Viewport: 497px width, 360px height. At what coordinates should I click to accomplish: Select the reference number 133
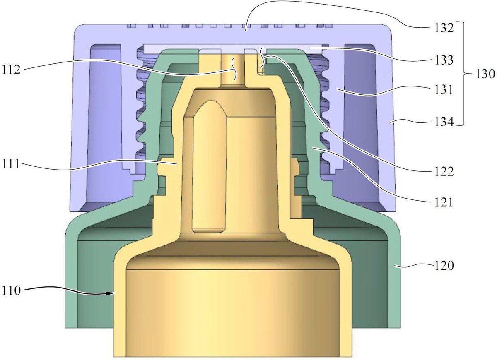pos(444,60)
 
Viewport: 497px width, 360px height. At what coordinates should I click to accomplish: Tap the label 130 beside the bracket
pos(485,74)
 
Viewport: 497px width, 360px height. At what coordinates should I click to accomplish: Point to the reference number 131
pos(443,89)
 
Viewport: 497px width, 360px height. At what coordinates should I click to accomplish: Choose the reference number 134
pos(444,121)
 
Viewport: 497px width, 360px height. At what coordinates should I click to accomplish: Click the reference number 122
pos(444,171)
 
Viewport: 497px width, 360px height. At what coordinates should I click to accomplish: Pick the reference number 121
pos(443,202)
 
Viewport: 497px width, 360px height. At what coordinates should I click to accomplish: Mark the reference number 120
pos(444,265)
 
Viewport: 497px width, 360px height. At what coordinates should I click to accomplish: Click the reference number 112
pos(11,70)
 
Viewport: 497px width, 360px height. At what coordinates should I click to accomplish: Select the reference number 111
pos(11,164)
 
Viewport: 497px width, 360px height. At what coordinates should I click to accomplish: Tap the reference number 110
pos(11,290)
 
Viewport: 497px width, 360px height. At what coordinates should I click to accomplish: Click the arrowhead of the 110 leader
pos(113,293)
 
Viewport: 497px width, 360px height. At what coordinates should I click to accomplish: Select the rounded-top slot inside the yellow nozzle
pos(210,166)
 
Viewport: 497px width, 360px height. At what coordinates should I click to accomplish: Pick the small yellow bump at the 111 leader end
pos(162,167)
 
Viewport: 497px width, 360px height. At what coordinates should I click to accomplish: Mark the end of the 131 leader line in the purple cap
pos(337,89)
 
